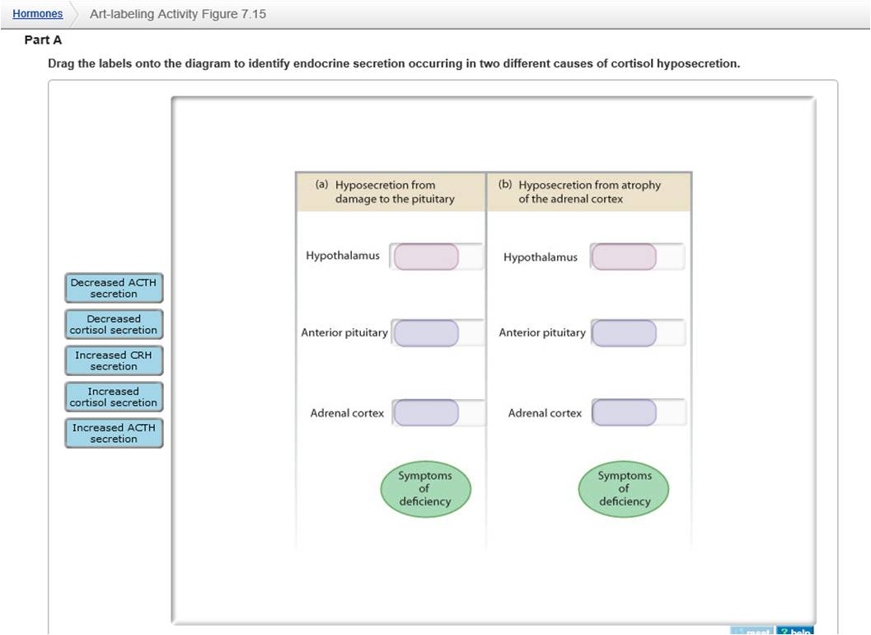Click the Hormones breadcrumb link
tap(38, 14)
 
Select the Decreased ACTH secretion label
tap(114, 288)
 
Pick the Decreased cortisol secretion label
tap(114, 324)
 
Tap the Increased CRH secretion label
tap(114, 360)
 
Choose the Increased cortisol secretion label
tap(114, 397)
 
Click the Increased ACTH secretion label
tap(114, 433)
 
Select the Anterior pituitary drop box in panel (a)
tap(426, 333)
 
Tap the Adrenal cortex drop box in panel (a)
tap(426, 412)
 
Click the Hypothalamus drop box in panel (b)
tap(624, 256)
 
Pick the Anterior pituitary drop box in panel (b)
tap(624, 333)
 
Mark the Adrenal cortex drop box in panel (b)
tap(624, 412)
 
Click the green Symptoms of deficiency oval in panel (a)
tap(425, 488)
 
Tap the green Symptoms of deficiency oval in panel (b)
tap(624, 488)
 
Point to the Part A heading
tap(43, 40)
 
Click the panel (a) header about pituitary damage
tap(391, 192)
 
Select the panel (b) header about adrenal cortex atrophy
tap(588, 192)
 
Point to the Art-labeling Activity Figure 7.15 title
tap(177, 14)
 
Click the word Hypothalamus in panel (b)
tap(541, 257)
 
